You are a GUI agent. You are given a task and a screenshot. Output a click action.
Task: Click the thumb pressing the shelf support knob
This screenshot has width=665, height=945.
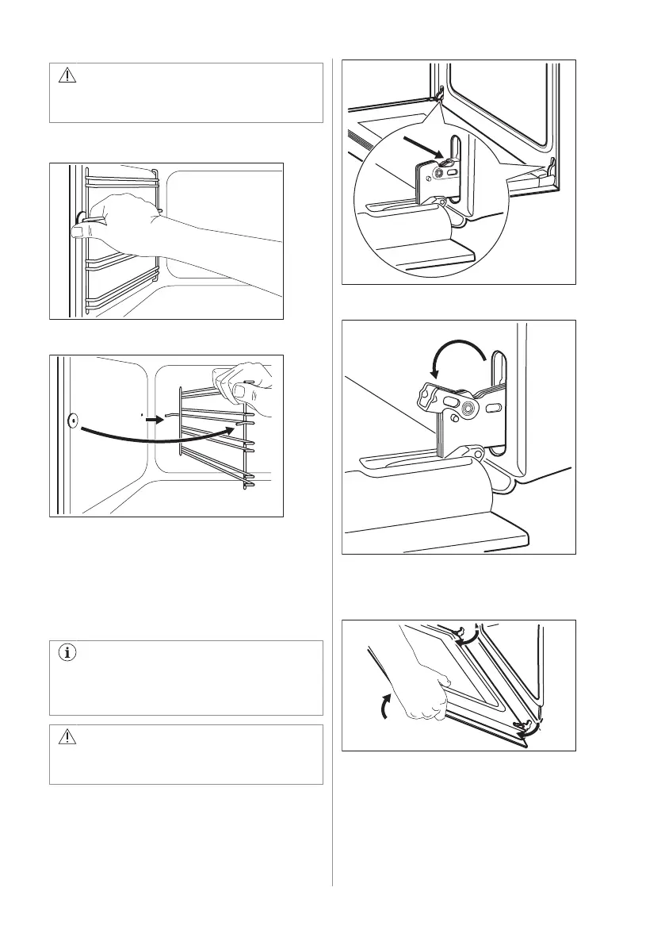point(77,231)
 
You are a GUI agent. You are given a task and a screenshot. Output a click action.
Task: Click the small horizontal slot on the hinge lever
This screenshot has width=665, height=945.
point(493,409)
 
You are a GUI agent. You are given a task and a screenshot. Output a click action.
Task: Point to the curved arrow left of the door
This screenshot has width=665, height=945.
point(387,704)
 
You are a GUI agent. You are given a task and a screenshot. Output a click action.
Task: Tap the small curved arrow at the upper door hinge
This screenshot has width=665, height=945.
point(471,636)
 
